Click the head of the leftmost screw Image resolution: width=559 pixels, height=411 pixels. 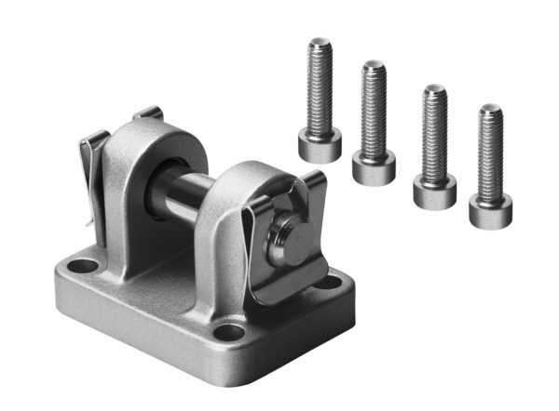pyautogui.click(x=320, y=145)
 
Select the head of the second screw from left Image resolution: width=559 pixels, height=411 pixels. pyautogui.click(x=374, y=168)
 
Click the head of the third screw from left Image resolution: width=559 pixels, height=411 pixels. pyautogui.click(x=434, y=192)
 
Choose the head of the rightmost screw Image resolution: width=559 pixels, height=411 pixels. pyautogui.click(x=490, y=212)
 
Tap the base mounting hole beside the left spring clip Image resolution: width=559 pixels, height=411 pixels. pyautogui.click(x=85, y=266)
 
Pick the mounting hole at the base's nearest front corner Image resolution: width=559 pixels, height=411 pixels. pyautogui.click(x=228, y=331)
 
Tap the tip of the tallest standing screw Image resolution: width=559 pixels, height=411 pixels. pyautogui.click(x=320, y=41)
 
